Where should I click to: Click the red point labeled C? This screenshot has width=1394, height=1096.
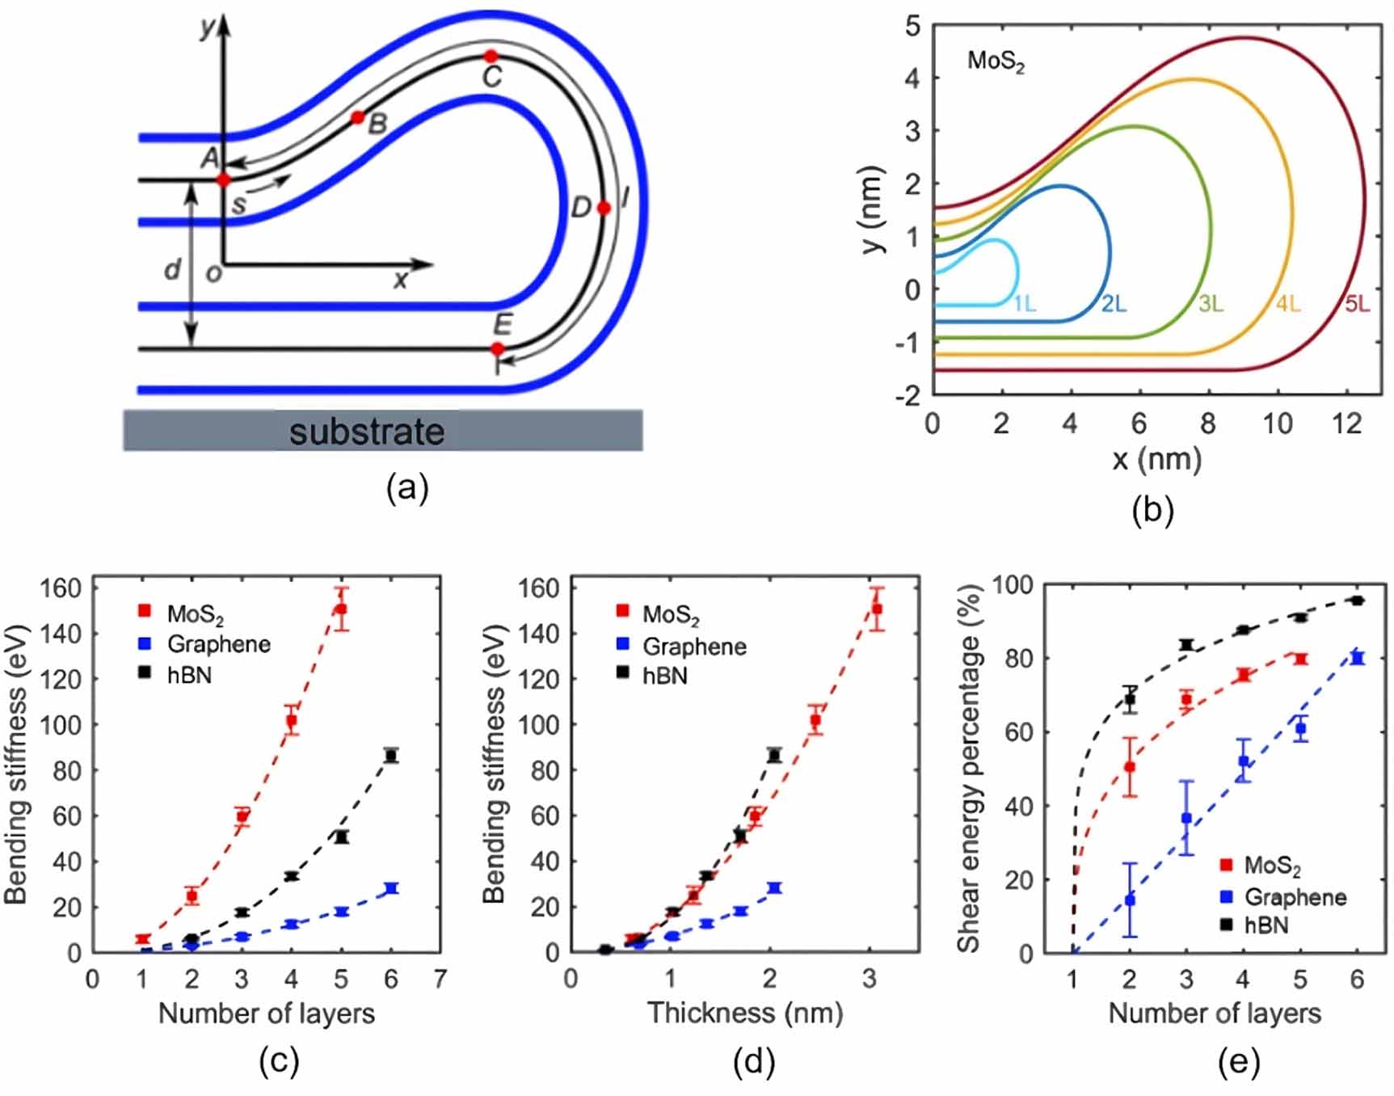491,57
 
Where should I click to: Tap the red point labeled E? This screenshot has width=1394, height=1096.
498,349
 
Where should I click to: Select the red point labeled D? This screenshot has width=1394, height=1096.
604,209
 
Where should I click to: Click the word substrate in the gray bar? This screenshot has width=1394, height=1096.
367,431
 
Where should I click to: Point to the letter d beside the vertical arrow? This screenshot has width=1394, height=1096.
172,269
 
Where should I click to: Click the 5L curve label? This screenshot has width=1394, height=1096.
1357,304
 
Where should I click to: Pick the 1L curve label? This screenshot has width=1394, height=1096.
1025,304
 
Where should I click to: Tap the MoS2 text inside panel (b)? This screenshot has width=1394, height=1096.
996,61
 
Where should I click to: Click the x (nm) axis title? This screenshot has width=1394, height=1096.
1156,460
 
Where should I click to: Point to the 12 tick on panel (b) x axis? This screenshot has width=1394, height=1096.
1346,423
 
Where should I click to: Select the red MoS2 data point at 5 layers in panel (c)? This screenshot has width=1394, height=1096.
341,609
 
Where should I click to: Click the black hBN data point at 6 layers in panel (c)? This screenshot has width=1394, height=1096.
391,756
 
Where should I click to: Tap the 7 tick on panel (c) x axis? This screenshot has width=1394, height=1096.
440,979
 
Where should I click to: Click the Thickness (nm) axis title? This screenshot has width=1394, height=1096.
744,1013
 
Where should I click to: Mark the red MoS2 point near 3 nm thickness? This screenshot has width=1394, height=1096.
877,609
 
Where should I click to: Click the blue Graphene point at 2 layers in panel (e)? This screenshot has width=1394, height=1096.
1130,900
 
